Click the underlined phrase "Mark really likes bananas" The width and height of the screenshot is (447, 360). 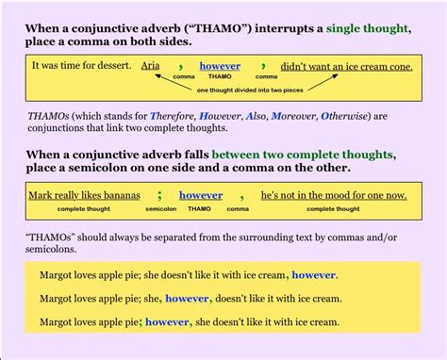click(x=84, y=195)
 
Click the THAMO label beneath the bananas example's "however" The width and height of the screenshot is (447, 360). click(x=199, y=208)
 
